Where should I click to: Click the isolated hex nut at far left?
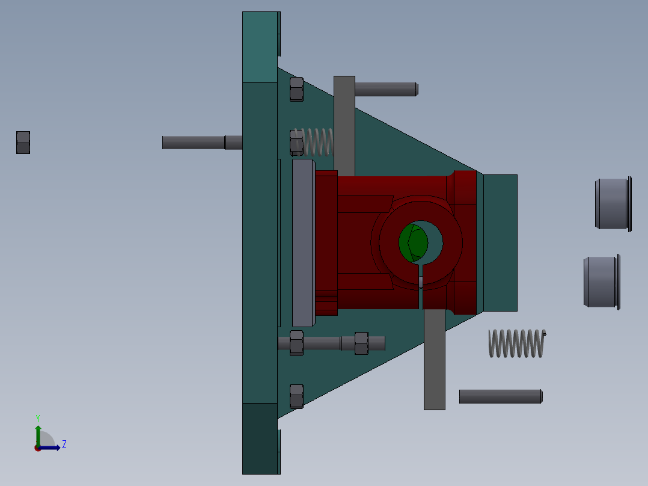click(x=23, y=143)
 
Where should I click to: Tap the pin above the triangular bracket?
click(x=385, y=89)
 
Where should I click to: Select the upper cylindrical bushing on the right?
click(x=613, y=204)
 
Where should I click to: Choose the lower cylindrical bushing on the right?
click(x=601, y=282)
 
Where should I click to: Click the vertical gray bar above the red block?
click(x=344, y=123)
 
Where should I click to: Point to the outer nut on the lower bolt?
click(x=361, y=343)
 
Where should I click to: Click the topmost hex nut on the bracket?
click(x=296, y=89)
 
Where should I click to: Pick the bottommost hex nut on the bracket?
click(x=296, y=396)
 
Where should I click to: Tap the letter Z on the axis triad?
click(x=64, y=444)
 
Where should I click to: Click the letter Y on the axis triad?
click(x=37, y=417)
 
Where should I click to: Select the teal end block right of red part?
click(x=500, y=242)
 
